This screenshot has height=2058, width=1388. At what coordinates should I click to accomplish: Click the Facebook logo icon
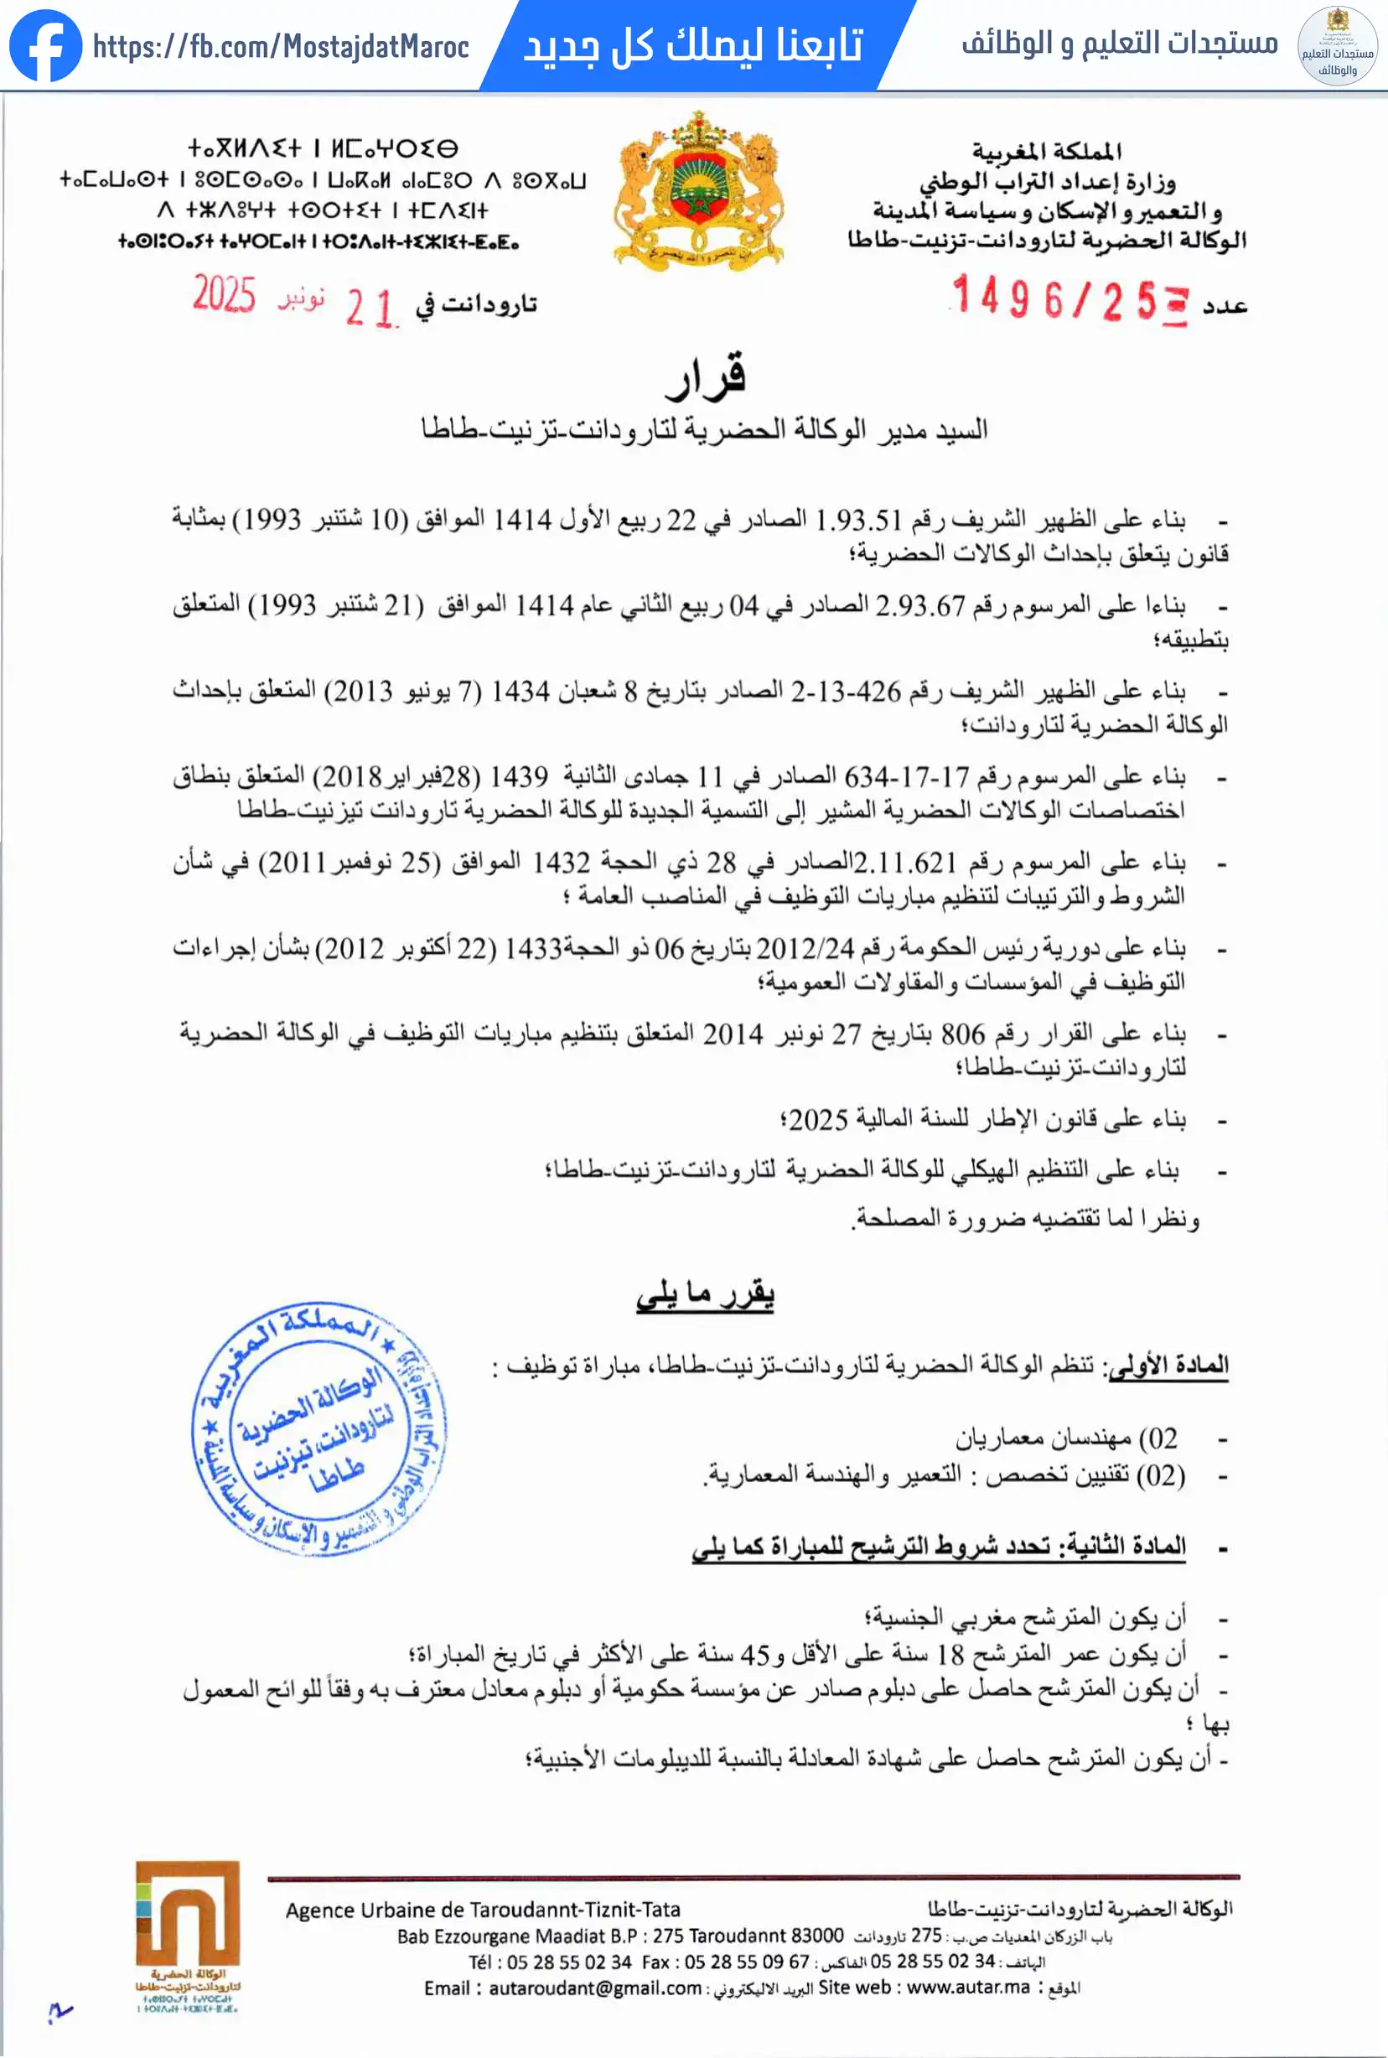point(45,45)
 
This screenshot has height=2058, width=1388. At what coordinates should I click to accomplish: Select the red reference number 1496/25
point(1054,298)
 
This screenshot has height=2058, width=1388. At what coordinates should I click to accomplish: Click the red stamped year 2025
point(224,295)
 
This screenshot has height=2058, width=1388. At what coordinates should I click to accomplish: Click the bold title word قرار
point(706,376)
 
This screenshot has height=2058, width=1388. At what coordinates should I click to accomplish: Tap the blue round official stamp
point(319,1429)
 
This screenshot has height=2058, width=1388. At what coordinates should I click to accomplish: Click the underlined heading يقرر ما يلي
point(705,1295)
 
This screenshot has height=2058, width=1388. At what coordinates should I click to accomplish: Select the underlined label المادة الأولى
point(1168,1365)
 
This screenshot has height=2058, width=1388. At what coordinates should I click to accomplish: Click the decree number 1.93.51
point(858,520)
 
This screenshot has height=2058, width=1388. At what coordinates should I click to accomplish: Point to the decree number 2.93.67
point(919,605)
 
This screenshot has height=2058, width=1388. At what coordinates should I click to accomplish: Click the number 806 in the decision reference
point(962,1034)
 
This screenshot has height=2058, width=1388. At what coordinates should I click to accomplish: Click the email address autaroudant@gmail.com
point(595,1988)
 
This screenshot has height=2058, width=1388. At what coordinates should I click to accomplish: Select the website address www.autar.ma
point(968,1988)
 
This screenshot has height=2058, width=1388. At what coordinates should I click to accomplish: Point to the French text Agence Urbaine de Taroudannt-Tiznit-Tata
point(483,1910)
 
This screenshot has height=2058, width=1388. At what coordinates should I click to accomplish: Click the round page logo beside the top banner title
point(1337,46)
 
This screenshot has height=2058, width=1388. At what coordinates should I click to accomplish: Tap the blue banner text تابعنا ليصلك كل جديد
point(693,45)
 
